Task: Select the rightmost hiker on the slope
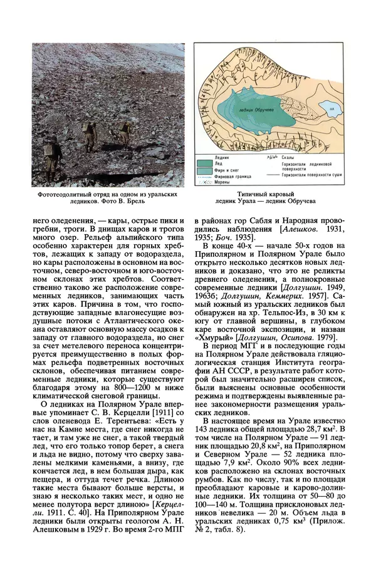click(x=125, y=131)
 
